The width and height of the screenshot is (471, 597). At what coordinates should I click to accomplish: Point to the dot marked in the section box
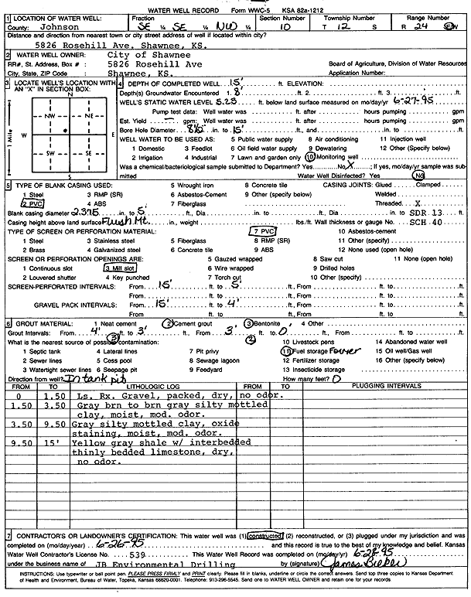[65, 131]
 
